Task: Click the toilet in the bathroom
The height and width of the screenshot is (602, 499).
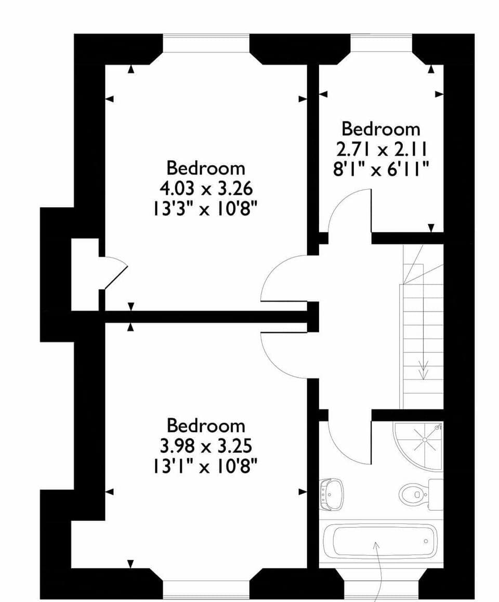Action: [x=413, y=491]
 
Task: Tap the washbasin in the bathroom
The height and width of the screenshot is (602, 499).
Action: [x=331, y=493]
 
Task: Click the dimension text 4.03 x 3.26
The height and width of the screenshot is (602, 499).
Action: [x=206, y=187]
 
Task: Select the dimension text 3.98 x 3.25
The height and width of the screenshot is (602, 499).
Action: [x=206, y=445]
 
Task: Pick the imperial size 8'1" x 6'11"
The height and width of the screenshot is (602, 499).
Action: [x=380, y=169]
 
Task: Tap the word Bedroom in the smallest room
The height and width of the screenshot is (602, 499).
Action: [x=380, y=129]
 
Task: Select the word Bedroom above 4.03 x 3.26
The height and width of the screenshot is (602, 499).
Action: [x=206, y=168]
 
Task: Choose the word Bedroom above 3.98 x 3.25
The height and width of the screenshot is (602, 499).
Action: [x=206, y=426]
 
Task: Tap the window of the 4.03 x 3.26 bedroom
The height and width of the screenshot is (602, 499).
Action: [x=206, y=42]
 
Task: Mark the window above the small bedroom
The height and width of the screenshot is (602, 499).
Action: [x=381, y=42]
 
